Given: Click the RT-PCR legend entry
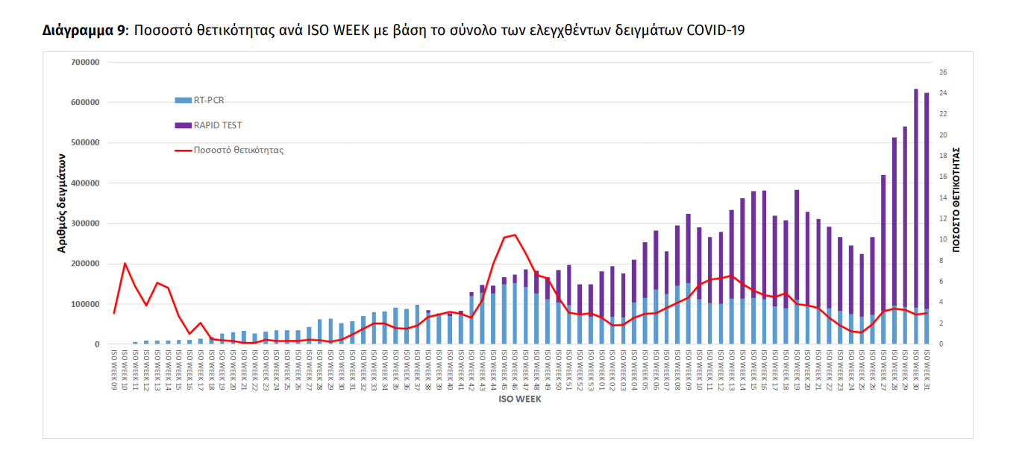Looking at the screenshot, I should (208, 100).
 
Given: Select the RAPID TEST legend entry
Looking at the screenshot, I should (217, 125).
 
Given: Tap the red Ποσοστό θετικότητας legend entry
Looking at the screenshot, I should (238, 150).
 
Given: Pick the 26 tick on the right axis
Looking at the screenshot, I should (944, 72).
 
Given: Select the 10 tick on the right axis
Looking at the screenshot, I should (944, 240).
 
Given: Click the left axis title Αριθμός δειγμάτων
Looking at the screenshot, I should (63, 203).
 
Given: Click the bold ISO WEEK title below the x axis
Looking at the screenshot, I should (521, 399).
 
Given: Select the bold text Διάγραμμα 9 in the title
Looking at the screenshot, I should (84, 31).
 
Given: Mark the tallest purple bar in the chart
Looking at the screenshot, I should (916, 197).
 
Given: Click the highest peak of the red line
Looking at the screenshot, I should (515, 235).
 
